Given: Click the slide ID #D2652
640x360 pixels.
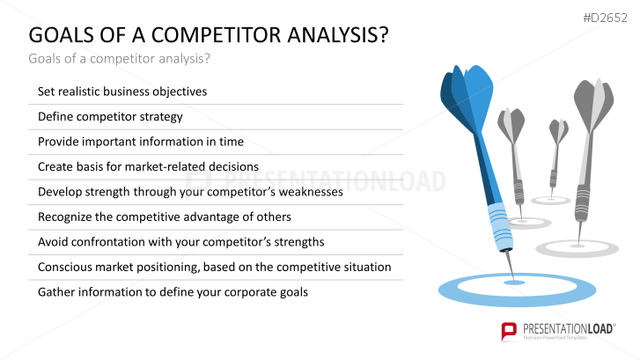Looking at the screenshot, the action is coord(605,18).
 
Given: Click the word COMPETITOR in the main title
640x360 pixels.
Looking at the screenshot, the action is coord(216,34).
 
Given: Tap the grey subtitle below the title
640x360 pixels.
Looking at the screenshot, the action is coord(119,59).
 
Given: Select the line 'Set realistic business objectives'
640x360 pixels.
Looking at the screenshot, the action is coord(122,92).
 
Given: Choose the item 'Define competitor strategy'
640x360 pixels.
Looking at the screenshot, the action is coord(110,117).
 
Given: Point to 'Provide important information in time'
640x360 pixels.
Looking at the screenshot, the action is coord(141,142).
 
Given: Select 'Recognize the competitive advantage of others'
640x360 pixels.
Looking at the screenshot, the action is coord(165,217).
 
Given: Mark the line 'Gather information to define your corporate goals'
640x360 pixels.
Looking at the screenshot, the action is coord(173,292).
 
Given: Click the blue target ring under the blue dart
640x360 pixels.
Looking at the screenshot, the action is coord(517,299).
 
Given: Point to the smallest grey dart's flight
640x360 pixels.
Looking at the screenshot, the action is coord(558,131).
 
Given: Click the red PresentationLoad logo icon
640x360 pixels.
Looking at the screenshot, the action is coord(509,331).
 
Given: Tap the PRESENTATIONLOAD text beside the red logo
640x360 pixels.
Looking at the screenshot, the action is coord(569,329).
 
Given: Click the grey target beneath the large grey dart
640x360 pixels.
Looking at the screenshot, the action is coord(577,248).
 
